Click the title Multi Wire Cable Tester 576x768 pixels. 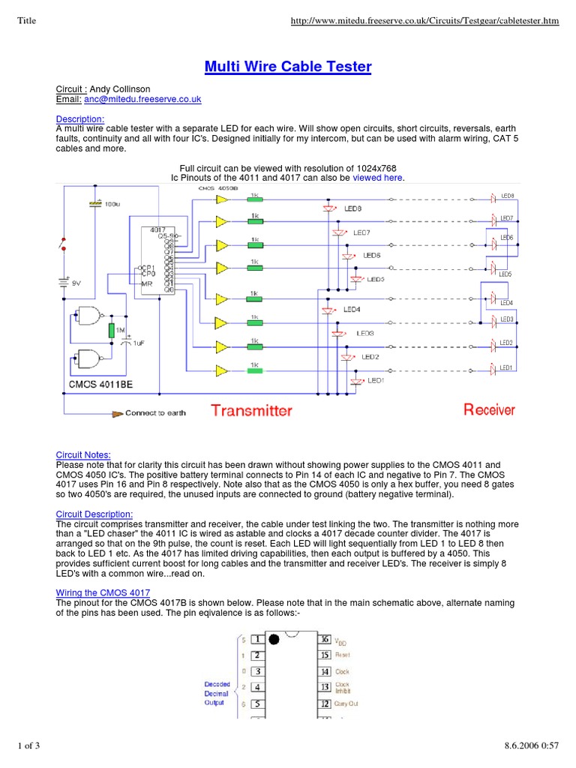point(288,67)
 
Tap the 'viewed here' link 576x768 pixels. point(378,178)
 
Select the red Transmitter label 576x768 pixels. point(251,410)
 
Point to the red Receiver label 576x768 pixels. point(489,409)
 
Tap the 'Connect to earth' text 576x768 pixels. point(155,412)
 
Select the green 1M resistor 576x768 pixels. point(111,330)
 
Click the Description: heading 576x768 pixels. point(80,118)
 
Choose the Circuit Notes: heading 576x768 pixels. point(83,454)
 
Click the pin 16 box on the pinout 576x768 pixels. point(324,639)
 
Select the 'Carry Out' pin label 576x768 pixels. point(347,704)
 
